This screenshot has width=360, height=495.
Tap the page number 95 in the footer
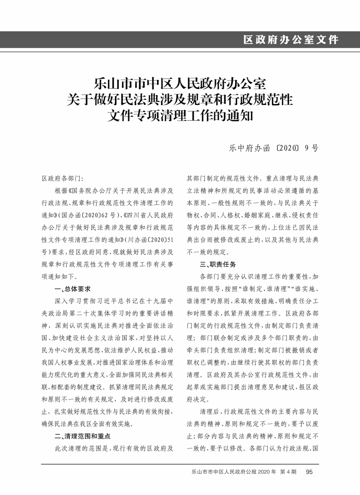click(309, 472)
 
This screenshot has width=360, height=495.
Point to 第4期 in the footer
click(288, 472)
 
